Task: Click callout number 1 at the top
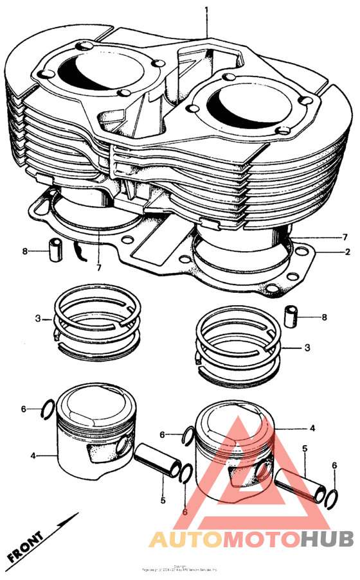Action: click(x=207, y=10)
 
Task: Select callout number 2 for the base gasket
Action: click(x=347, y=252)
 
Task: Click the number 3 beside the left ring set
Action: click(x=38, y=319)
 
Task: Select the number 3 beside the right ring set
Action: click(x=307, y=347)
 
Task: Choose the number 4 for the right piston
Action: click(x=312, y=427)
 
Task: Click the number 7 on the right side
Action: click(x=345, y=236)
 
